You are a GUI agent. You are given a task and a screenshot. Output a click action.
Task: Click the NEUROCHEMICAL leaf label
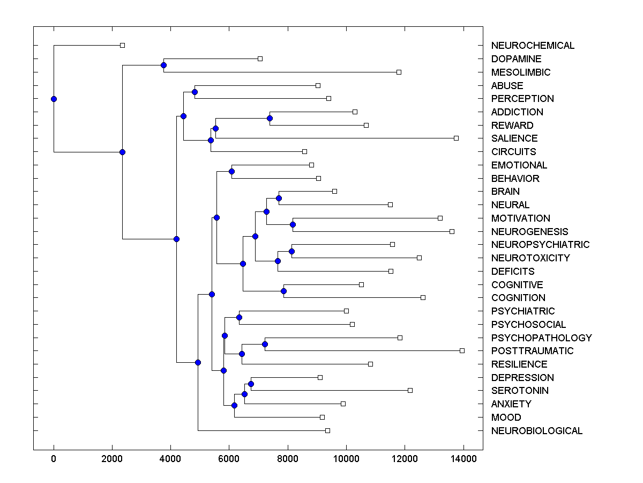point(533,46)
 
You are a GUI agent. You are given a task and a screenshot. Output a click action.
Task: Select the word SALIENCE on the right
point(514,138)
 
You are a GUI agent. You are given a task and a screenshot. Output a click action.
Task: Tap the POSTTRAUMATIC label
point(532,351)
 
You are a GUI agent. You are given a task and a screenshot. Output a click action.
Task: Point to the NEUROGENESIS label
point(529,231)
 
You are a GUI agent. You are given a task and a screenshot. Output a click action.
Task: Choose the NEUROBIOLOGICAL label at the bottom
point(536,431)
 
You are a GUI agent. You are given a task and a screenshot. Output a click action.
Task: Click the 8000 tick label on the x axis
point(288,458)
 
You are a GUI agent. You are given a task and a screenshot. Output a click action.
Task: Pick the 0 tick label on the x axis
point(54,458)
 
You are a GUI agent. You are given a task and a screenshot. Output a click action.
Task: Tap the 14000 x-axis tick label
point(463,458)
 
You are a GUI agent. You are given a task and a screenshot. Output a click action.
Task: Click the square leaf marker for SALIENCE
point(456,138)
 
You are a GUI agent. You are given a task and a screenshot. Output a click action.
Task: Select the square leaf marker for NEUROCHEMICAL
point(122,45)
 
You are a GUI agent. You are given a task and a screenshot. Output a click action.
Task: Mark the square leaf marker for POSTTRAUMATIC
point(462,350)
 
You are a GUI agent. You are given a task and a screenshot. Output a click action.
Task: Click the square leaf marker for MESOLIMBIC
point(399,72)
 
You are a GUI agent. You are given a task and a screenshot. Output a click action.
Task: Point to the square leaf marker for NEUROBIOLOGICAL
point(327,430)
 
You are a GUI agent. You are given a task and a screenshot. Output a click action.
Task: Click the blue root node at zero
point(54,99)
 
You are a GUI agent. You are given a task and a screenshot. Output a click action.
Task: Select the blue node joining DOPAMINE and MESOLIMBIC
point(163,65)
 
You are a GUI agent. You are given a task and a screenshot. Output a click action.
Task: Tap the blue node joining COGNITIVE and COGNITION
point(283,291)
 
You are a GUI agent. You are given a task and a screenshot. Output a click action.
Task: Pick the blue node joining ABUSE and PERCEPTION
point(195,92)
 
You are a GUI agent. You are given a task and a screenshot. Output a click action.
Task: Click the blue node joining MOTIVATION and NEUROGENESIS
point(293,224)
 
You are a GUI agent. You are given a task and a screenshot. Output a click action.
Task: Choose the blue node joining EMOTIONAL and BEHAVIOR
point(231,171)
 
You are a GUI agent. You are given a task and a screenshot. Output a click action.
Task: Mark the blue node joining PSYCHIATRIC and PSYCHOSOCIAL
point(239,317)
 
